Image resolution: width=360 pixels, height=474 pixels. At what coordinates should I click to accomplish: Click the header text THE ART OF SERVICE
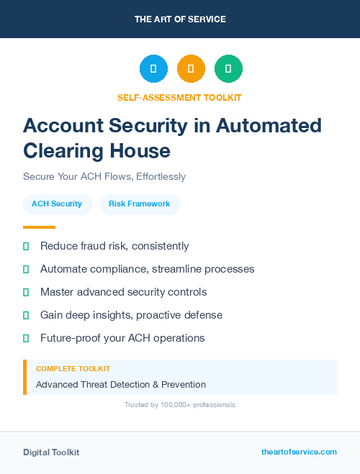pos(180,19)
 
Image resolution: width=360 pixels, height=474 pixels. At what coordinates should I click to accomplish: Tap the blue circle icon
pos(153,69)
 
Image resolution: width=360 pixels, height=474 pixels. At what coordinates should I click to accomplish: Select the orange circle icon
pos(191,69)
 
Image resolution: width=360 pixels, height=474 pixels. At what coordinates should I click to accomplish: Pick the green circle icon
pos(228,69)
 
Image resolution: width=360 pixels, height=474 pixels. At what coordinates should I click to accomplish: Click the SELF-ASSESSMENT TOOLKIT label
pos(179,97)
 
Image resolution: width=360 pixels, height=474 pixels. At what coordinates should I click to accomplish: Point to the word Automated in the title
pos(268,125)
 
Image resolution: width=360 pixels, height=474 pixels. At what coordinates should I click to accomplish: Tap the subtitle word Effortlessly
pos(155,176)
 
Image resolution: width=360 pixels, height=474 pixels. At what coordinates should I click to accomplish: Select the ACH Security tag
pos(57,204)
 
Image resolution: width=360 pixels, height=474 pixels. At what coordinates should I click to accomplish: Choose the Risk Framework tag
pos(140,204)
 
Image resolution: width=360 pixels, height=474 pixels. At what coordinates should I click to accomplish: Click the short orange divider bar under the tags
pos(39,227)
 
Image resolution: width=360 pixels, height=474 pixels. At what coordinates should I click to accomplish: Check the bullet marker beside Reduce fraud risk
pos(26,246)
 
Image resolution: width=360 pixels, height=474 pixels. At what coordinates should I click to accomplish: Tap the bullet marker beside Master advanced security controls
pos(26,292)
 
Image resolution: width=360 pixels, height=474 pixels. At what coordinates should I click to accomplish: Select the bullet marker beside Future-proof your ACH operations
pos(26,338)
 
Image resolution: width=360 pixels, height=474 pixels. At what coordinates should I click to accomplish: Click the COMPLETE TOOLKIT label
pos(68,369)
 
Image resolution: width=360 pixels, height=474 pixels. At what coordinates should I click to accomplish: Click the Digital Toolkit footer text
pos(51,452)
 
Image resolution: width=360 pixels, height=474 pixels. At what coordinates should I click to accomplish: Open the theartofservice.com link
pos(299,452)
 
